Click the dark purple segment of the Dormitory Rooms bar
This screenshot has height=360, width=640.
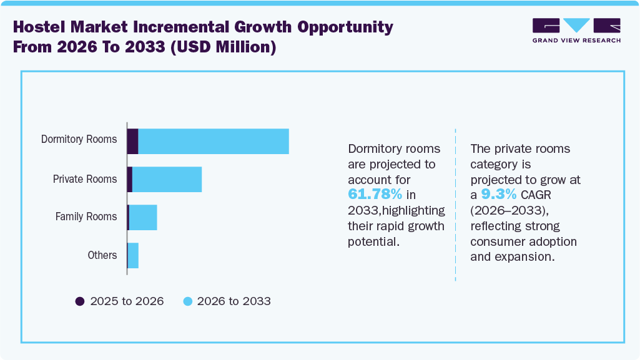(x=132, y=142)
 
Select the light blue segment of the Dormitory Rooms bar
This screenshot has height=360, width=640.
(x=214, y=142)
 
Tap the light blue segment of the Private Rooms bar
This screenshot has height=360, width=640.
(x=167, y=180)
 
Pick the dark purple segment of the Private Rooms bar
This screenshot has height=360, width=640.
(x=129, y=180)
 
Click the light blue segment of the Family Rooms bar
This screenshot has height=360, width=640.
(x=143, y=217)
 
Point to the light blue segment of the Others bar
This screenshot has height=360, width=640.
(x=133, y=256)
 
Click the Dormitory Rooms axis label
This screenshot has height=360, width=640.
(x=79, y=139)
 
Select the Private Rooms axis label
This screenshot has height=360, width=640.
(x=84, y=179)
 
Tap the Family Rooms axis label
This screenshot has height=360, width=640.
(x=86, y=216)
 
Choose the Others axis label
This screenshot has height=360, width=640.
(x=102, y=255)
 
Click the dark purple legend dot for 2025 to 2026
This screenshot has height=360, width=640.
(x=80, y=301)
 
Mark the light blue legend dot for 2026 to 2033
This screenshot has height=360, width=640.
(x=187, y=301)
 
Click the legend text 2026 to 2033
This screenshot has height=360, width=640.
(x=234, y=301)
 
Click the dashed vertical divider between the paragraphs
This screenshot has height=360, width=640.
(x=455, y=206)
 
